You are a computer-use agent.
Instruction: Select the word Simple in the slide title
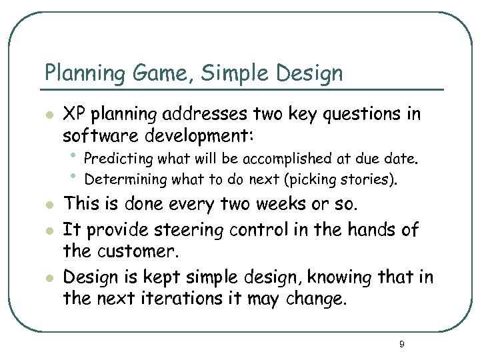[229, 73]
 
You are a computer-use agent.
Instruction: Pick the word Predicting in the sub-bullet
[116, 159]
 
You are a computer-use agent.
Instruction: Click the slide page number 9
[401, 344]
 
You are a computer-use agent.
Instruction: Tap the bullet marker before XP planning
[47, 115]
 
